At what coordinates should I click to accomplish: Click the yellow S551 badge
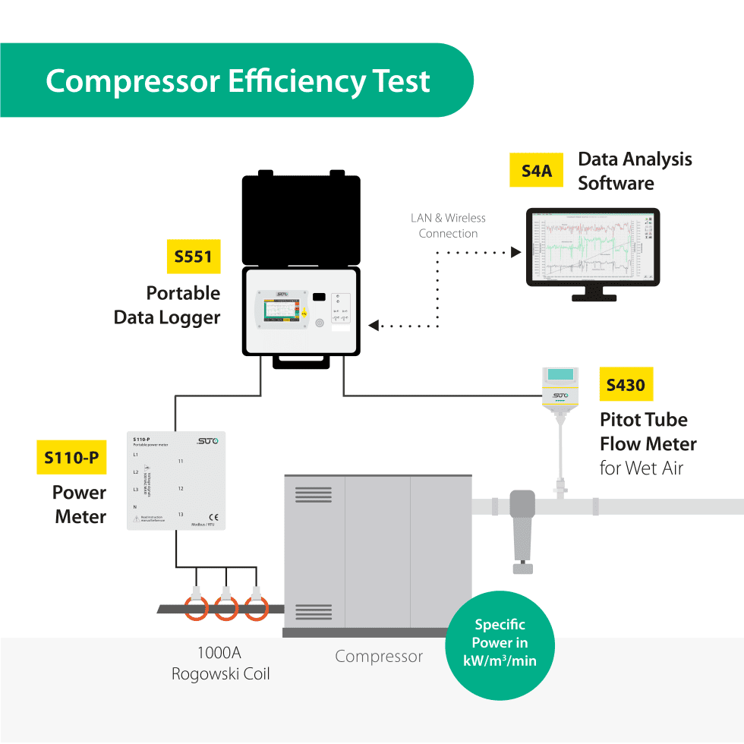pos(194,257)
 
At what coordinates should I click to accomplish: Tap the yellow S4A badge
pos(537,171)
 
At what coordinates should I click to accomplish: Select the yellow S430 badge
pos(626,385)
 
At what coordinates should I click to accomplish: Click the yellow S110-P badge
pos(71,458)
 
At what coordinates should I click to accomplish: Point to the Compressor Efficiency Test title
pos(238,80)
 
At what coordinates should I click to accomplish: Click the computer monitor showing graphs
pos(593,247)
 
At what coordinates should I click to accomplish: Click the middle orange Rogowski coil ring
pos(225,607)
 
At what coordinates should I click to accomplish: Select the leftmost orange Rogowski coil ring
pos(196,607)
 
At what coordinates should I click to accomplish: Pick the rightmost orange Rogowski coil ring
pos(257,607)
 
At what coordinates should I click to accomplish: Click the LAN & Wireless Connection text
pos(448,225)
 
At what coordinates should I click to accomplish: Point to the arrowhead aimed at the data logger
pos(374,326)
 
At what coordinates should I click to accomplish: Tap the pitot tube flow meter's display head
pos(560,376)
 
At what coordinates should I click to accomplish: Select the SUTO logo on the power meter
pos(206,441)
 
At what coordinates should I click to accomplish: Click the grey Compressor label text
pos(379,656)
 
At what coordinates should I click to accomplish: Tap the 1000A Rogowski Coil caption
pos(220,663)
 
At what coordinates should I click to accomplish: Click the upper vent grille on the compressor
pos(313,494)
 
